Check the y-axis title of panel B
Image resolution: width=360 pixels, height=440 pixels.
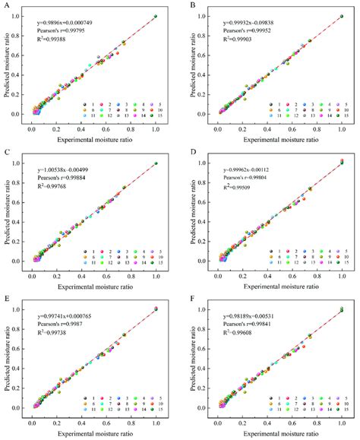191,67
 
